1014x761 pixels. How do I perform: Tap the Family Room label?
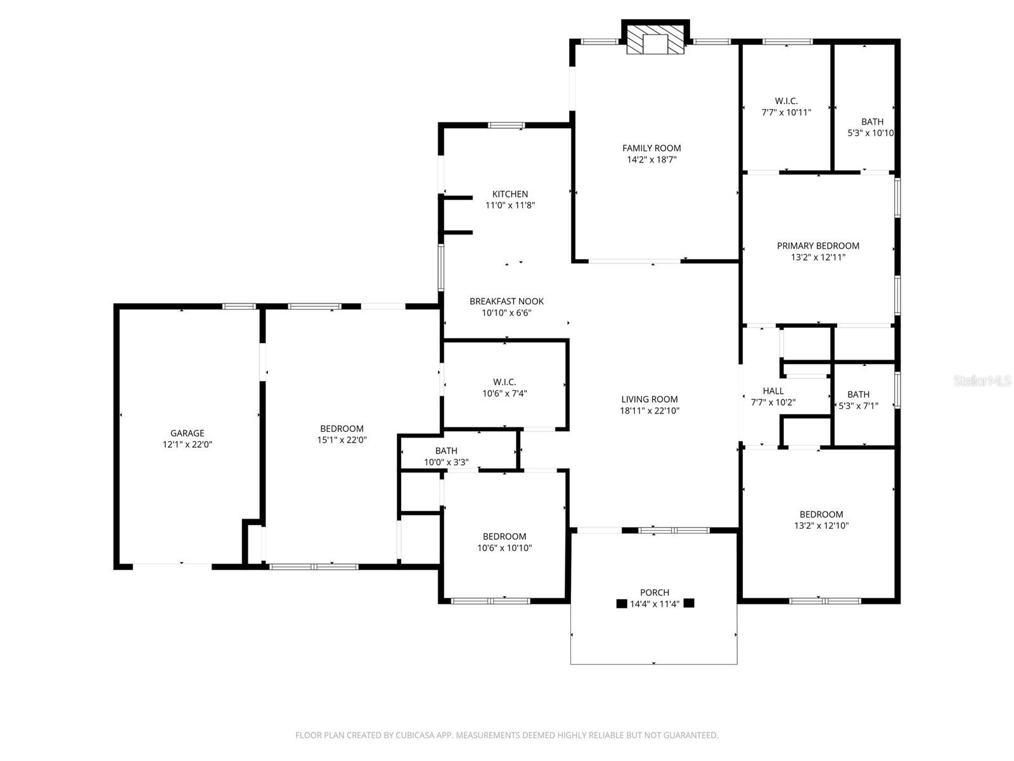click(651, 148)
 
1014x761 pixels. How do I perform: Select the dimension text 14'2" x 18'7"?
click(651, 160)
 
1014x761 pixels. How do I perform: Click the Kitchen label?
click(510, 194)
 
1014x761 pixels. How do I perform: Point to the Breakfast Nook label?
click(506, 301)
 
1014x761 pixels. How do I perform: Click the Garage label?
click(187, 433)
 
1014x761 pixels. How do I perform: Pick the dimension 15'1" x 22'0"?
click(342, 440)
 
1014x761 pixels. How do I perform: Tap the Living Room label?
click(650, 399)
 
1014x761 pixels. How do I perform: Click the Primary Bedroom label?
click(818, 245)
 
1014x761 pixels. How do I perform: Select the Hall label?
click(773, 391)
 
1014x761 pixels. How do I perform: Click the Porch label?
click(655, 592)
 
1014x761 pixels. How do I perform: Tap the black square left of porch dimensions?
click(622, 604)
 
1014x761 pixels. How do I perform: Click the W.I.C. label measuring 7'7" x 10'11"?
click(786, 101)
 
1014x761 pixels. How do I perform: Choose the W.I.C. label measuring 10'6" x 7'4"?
click(504, 382)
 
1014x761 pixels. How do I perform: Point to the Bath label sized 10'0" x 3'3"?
click(446, 451)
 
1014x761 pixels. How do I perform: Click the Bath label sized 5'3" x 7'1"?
click(858, 394)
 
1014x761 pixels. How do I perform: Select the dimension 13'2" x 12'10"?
click(821, 526)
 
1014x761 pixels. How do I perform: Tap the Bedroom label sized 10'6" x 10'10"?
click(504, 537)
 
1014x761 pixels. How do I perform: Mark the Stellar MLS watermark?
click(982, 380)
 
